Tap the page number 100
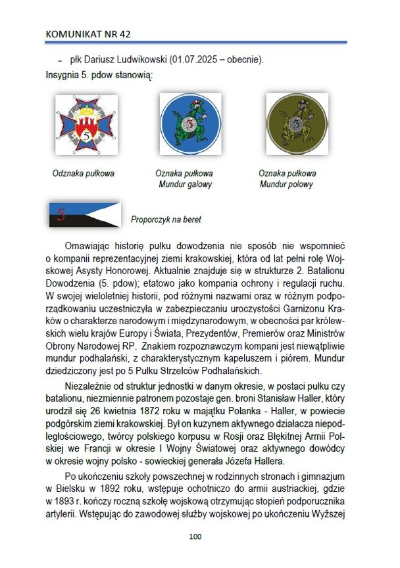point(195,536)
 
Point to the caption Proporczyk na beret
point(166,220)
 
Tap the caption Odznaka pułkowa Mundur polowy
point(287,179)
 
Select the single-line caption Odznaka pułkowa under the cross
point(84,174)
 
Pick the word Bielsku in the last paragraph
point(74,488)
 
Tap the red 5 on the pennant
point(62,213)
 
